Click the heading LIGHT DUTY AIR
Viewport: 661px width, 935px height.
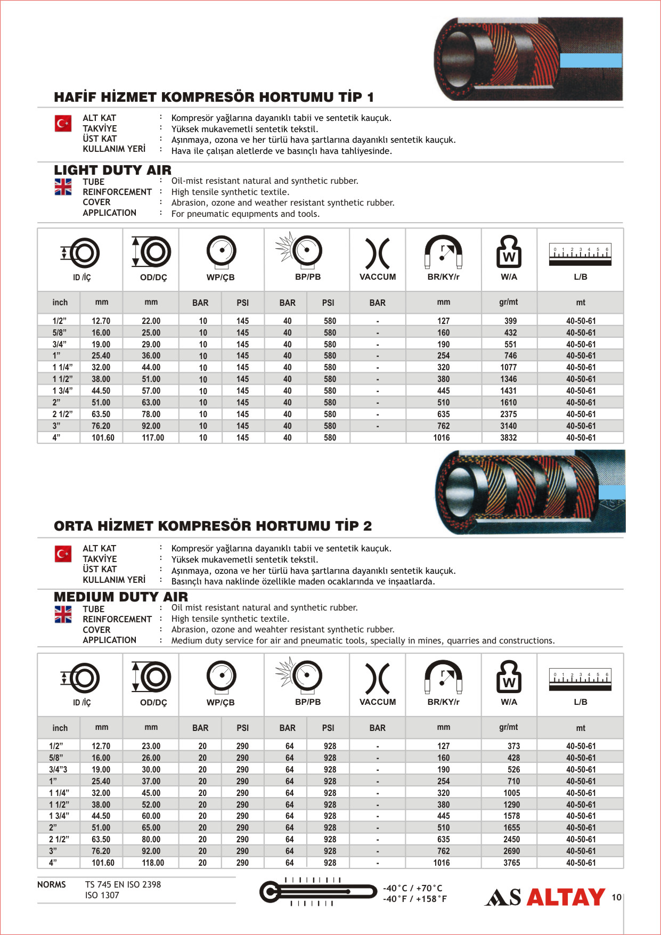coord(112,170)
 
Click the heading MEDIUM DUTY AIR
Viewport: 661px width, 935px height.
coord(121,597)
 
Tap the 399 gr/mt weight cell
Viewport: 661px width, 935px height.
coord(510,321)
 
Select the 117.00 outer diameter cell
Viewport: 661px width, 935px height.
coord(152,437)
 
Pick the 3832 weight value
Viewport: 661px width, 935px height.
coord(508,437)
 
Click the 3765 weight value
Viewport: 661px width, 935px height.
coord(511,863)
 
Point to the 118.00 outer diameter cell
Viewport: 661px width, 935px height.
coord(152,863)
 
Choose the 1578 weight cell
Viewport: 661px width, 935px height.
coord(511,816)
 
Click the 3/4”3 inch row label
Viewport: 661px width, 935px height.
coord(58,769)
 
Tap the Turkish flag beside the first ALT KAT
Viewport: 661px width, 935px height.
coord(63,124)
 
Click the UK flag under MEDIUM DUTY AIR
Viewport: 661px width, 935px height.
coord(63,614)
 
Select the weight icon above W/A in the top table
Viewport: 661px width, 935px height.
coord(509,251)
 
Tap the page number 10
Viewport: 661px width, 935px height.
coord(616,897)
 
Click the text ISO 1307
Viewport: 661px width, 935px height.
coord(102,895)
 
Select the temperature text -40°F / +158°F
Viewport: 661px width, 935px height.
coord(414,899)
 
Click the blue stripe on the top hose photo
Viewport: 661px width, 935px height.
coord(590,60)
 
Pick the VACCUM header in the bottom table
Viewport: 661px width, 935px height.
coord(377,702)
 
